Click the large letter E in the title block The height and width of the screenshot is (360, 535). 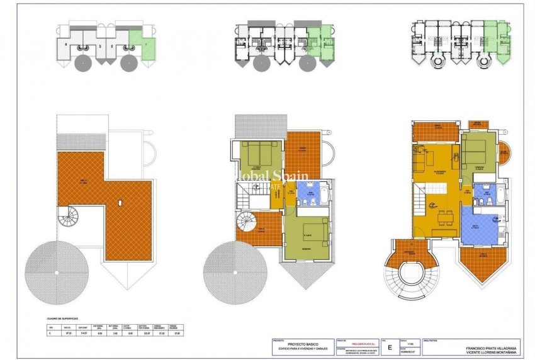tap(390, 346)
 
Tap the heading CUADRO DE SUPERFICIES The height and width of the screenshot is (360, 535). tap(67, 318)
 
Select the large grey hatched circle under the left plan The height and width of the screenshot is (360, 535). tap(58, 271)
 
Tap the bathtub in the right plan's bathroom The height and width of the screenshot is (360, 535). tap(499, 195)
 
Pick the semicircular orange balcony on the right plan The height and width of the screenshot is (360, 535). tap(504, 152)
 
